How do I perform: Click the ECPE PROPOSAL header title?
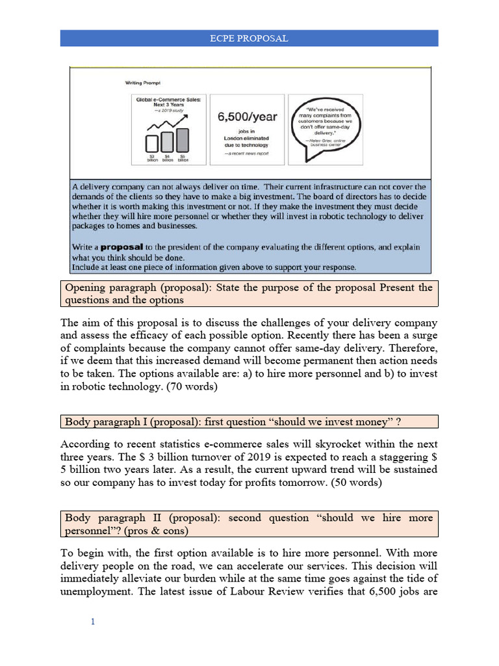click(249, 38)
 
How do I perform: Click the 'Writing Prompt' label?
click(144, 83)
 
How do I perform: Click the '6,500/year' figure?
click(246, 117)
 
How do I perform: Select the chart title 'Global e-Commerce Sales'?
click(168, 101)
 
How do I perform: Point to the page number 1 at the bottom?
click(92, 622)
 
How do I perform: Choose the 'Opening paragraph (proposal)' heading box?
click(249, 294)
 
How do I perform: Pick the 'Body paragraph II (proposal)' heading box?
click(249, 524)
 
